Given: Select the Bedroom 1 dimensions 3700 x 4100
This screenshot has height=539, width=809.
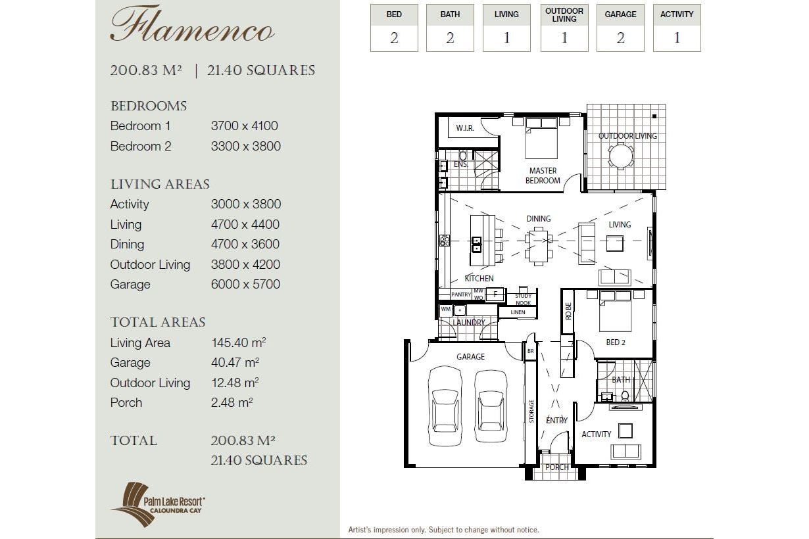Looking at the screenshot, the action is click(245, 126).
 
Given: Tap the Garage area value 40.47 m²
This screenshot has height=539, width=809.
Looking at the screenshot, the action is click(235, 362).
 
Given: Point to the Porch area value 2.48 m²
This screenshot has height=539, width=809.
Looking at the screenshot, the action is click(232, 402).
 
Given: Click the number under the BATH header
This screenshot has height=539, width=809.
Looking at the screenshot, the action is click(450, 38).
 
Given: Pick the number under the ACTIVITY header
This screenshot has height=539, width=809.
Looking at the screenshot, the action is click(677, 38).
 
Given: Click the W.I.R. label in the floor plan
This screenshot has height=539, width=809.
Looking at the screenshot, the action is click(465, 128).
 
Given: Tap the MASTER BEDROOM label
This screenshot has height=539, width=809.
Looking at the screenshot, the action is click(543, 176).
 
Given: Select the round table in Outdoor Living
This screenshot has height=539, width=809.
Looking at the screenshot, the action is click(621, 156).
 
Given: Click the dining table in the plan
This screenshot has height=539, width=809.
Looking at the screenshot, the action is click(539, 246).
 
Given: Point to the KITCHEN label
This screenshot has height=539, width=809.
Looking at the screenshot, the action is click(479, 278).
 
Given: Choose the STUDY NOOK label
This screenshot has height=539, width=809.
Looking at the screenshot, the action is click(524, 299).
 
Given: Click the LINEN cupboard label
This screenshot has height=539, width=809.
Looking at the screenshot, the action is click(518, 312).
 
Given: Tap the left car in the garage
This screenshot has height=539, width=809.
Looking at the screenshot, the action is click(445, 406).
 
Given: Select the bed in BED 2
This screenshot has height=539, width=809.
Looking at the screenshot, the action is click(616, 311).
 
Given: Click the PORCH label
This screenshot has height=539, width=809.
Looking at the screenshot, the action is click(557, 467).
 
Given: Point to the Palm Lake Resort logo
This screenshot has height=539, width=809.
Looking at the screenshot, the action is click(158, 504).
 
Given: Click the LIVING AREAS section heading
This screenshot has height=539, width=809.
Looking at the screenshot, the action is click(160, 184).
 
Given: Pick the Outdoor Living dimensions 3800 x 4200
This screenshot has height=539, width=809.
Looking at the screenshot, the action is click(245, 265).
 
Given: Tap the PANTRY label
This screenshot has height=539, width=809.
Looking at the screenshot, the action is click(461, 294).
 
